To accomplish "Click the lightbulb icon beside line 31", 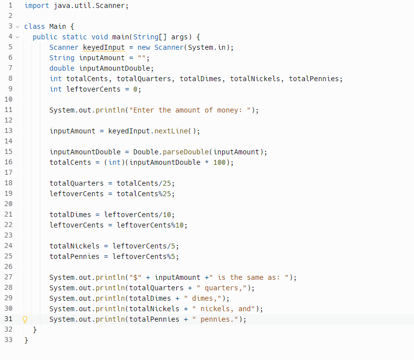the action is [24, 320].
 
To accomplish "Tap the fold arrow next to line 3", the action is [17, 26].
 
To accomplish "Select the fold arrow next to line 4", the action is [17, 37].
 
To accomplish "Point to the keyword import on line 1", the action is [36, 6].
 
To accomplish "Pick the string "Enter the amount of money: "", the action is [192, 110].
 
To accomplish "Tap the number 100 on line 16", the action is [219, 162].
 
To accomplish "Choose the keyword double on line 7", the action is [62, 68].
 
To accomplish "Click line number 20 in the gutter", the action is [8, 204].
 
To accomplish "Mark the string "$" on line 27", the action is [134, 277].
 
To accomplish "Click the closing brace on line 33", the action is [26, 340].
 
